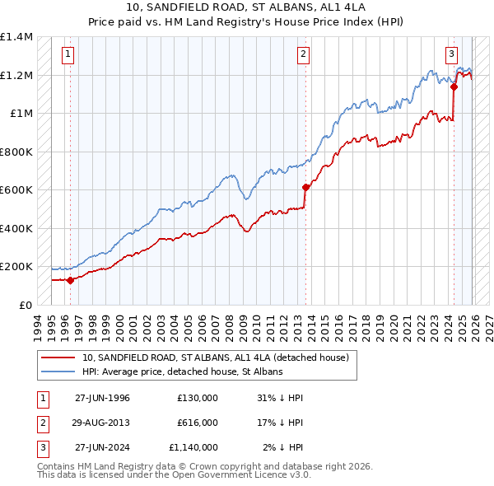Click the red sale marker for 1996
tap(70, 280)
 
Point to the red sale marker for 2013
tap(305, 187)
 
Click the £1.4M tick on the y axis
tap(16, 37)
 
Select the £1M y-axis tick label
tap(21, 114)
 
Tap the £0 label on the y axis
tap(25, 305)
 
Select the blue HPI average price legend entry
tap(182, 372)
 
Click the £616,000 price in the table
tap(197, 423)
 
